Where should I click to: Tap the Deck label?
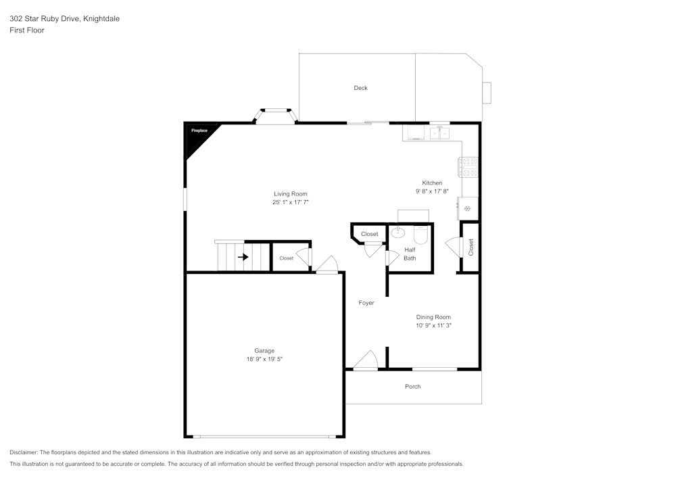[x=360, y=88]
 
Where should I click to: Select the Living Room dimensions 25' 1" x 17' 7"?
[x=290, y=202]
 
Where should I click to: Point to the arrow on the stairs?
[x=243, y=258]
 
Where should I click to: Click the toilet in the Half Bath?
[x=420, y=235]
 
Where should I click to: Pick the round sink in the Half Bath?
[x=398, y=233]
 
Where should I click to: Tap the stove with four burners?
[x=468, y=167]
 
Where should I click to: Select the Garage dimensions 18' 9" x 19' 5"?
[x=264, y=359]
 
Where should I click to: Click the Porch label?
[x=412, y=387]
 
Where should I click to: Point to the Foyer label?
[x=366, y=303]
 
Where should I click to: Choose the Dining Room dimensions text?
[x=433, y=325]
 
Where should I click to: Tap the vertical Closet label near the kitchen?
[x=470, y=247]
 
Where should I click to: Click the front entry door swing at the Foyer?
[x=366, y=360]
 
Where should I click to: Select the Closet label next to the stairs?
[x=286, y=258]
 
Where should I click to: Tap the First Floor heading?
[x=27, y=30]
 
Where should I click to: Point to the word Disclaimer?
[x=23, y=452]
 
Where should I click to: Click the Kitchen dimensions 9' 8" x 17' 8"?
[x=432, y=191]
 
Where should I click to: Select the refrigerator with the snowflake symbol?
[x=468, y=209]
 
